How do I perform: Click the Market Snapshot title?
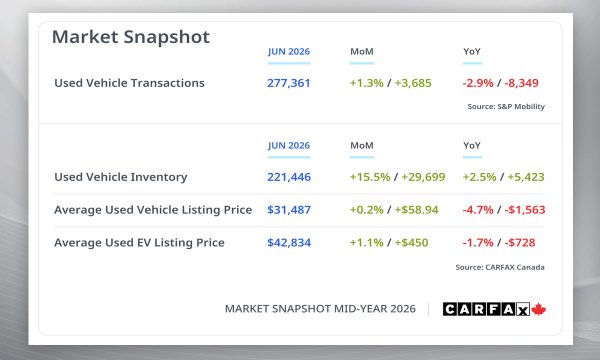coord(131,37)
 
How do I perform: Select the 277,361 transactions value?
coord(289,83)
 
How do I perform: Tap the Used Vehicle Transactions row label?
coord(129,83)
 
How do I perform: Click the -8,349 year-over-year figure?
coord(522,83)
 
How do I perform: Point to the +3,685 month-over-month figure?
coord(413,83)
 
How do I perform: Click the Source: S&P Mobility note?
coord(506,106)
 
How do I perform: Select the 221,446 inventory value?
coord(289,177)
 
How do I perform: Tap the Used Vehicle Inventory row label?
coord(121,177)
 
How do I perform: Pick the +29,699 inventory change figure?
coord(423,177)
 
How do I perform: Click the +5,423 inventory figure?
coord(526,177)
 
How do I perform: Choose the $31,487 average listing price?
coord(289,210)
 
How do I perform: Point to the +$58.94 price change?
coord(416,210)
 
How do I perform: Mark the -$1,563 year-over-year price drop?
coord(525,210)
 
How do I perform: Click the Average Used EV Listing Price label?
coord(139,243)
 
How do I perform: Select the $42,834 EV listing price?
coord(289,243)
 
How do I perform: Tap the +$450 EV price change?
coord(411,243)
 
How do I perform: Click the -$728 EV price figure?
coord(520,243)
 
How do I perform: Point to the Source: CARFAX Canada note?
coord(500,267)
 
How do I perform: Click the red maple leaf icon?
coord(538,309)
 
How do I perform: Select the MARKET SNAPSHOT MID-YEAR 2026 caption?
coord(320,309)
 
